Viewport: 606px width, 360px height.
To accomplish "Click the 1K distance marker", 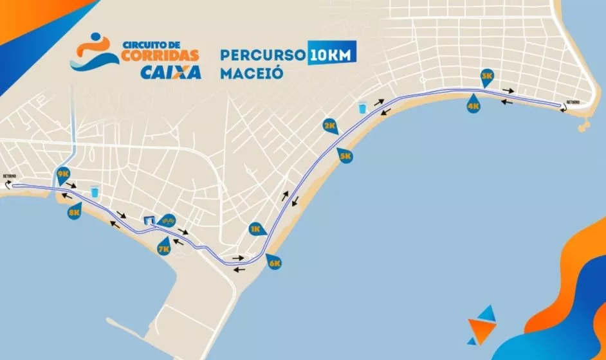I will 256,228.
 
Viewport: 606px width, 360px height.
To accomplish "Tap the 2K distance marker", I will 330,125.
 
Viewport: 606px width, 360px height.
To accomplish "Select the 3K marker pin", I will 487,75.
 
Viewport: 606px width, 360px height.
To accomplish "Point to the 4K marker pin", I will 474,106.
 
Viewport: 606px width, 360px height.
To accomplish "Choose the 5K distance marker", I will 345,155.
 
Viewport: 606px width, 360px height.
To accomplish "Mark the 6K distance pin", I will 275,262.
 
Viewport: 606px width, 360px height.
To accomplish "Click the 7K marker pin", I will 164,247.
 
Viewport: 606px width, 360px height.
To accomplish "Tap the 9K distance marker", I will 63,174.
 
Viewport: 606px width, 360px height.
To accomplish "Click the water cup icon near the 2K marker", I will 362,107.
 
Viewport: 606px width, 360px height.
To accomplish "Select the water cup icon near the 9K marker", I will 95,191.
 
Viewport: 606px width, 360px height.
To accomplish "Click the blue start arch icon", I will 149,221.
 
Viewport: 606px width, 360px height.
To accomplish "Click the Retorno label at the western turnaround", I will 9,175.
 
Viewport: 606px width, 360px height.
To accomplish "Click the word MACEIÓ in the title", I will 252,72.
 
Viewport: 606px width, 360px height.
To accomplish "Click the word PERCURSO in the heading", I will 262,54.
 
